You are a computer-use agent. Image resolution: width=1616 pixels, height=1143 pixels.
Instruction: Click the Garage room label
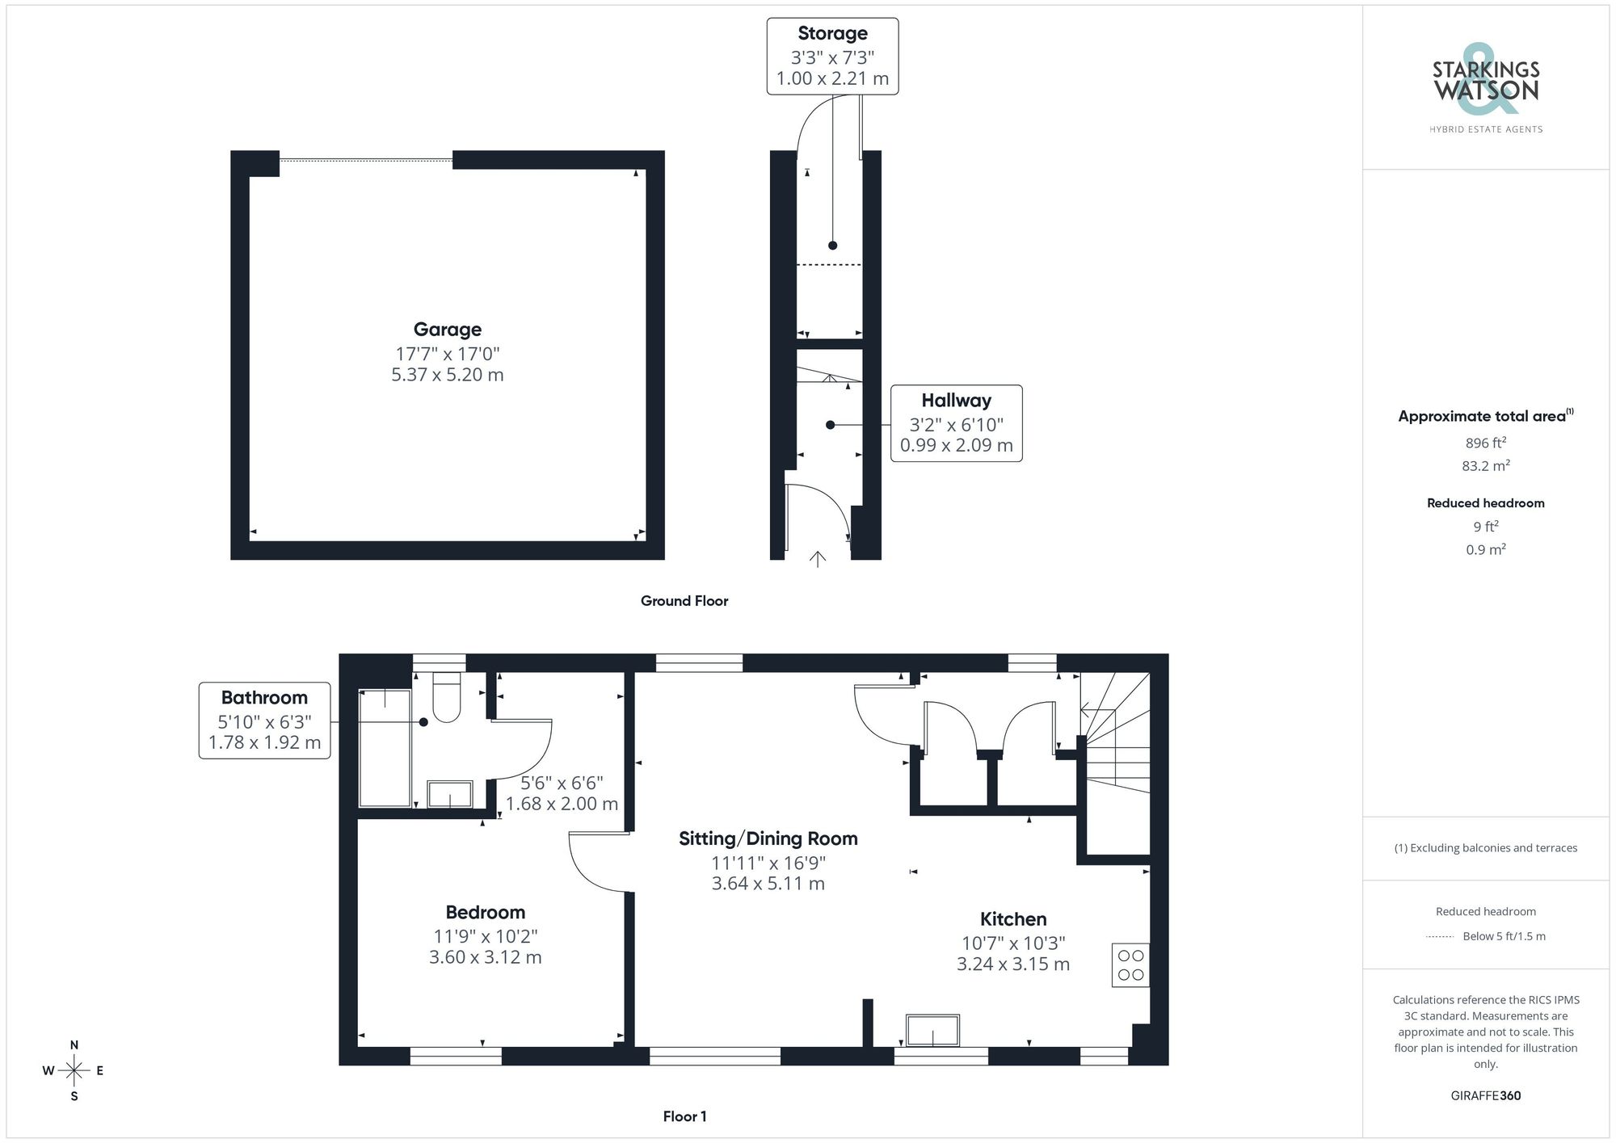(447, 330)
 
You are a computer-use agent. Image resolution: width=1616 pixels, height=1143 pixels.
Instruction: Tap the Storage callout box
(832, 56)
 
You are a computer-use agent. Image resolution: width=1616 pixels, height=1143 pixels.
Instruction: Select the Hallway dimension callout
(956, 423)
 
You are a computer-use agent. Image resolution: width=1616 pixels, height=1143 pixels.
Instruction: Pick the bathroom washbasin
(450, 794)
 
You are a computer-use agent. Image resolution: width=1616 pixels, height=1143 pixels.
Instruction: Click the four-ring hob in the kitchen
(1130, 964)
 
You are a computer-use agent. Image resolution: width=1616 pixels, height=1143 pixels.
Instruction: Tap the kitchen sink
(932, 1032)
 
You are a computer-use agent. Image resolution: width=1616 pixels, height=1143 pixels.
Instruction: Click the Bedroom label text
(485, 913)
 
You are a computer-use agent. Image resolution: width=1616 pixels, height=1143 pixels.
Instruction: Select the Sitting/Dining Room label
(768, 838)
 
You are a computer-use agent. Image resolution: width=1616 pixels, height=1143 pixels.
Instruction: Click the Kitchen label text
(1013, 919)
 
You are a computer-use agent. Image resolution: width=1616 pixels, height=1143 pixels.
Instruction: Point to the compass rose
(74, 1071)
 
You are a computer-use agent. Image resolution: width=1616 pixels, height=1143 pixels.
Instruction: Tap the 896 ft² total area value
(1485, 443)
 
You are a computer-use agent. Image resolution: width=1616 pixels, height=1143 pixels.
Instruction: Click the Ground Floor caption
(684, 601)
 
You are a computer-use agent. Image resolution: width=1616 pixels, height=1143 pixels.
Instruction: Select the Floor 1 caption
(684, 1116)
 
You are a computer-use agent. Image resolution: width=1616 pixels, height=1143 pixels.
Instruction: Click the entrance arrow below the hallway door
(817, 559)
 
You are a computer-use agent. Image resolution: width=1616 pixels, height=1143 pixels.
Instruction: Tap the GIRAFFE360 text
(1485, 1096)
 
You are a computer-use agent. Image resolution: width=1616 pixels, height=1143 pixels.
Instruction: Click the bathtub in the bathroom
(385, 747)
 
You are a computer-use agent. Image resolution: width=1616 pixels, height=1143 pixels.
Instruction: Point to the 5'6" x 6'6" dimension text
(562, 783)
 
